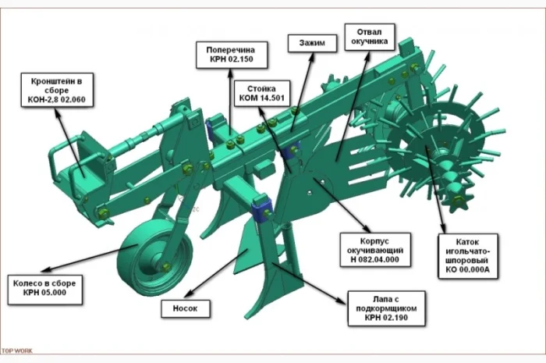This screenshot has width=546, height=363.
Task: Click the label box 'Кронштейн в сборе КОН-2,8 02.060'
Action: pyautogui.click(x=57, y=91)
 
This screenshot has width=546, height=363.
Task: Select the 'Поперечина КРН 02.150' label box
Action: pyautogui.click(x=232, y=55)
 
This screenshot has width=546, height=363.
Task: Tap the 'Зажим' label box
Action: pyautogui.click(x=312, y=43)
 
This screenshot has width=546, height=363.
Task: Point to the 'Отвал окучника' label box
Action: pyautogui.click(x=370, y=37)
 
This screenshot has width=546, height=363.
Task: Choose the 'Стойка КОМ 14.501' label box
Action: pyautogui.click(x=262, y=94)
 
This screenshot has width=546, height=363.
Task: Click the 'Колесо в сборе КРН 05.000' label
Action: pyautogui.click(x=44, y=289)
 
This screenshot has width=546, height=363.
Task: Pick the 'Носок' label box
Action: pyautogui.click(x=186, y=308)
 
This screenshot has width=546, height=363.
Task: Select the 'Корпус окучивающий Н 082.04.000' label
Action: pyautogui.click(x=375, y=250)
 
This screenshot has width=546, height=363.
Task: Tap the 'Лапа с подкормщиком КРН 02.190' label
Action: pyautogui.click(x=386, y=308)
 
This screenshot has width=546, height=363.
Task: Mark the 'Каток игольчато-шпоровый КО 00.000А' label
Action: pyautogui.click(x=468, y=256)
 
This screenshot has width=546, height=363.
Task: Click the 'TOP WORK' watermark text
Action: pyautogui.click(x=16, y=351)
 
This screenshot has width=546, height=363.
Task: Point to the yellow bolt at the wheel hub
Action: pyautogui.click(x=166, y=268)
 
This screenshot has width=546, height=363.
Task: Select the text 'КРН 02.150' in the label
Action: pyautogui.click(x=232, y=59)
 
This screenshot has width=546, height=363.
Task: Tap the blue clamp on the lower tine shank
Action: pyautogui.click(x=262, y=211)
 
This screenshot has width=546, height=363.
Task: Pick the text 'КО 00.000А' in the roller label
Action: pyautogui.click(x=468, y=269)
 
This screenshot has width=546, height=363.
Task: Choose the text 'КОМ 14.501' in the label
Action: pyautogui.click(x=262, y=98)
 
